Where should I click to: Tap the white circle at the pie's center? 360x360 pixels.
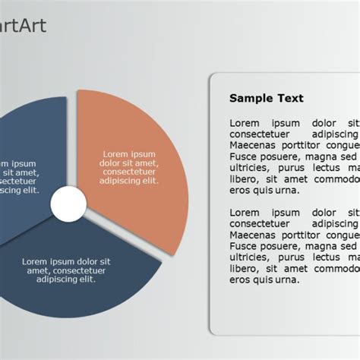[68, 204]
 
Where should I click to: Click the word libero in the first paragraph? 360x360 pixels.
[244, 179]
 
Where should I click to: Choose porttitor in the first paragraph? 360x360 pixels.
[305, 145]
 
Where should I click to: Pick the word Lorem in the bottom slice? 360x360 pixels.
[35, 261]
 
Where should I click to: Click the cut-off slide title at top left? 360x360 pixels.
[23, 26]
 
